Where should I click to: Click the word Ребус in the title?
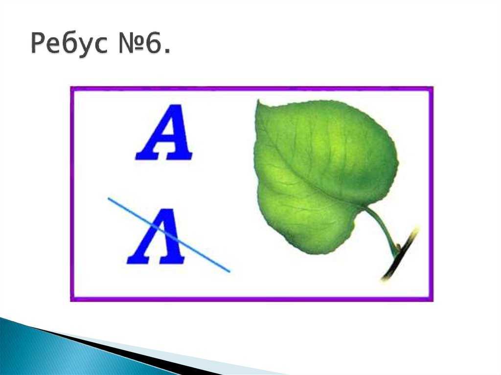coord(69,44)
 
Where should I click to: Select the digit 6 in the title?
coord(154,43)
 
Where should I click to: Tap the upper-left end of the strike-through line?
coord(109,199)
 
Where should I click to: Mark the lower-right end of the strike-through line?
coord(229,271)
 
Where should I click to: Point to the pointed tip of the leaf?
coord(258,101)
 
